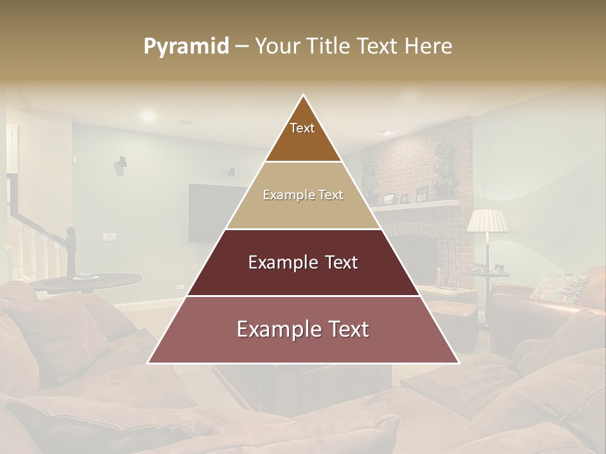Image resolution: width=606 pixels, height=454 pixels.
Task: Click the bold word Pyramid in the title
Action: [x=186, y=47]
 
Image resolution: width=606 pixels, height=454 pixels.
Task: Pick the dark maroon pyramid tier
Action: [x=303, y=262]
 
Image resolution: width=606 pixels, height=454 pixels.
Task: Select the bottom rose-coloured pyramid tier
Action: [x=303, y=329]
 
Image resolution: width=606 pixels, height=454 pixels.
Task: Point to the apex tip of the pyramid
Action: [x=303, y=96]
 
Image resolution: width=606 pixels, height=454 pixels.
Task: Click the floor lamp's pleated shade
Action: [x=487, y=221]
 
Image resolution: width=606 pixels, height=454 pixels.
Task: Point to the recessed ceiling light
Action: [x=148, y=115]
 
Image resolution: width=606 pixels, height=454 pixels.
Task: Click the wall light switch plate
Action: [x=109, y=237]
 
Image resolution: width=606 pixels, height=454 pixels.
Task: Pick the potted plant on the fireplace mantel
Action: [x=444, y=167]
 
